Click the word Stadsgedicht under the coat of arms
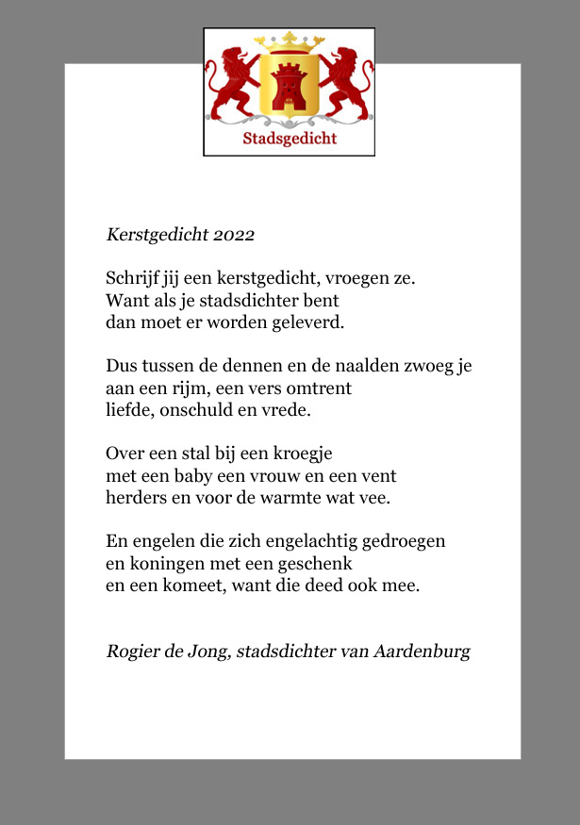point(290,139)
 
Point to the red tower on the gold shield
point(289,88)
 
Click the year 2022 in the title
point(234,235)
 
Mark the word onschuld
point(201,410)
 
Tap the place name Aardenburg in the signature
point(422,652)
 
